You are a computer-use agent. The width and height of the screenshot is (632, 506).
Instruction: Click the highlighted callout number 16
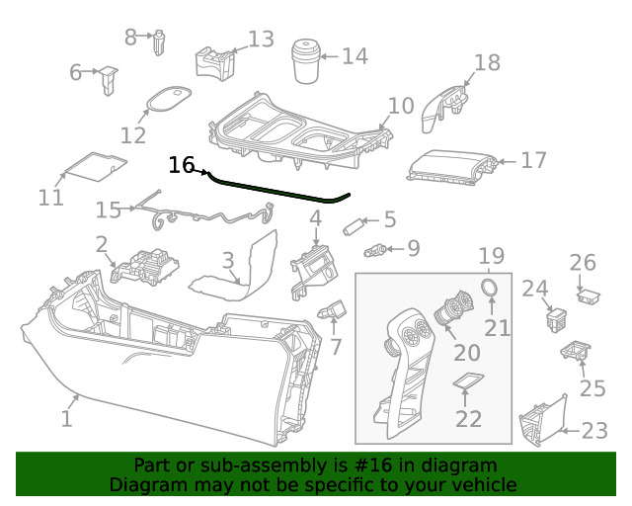(182, 165)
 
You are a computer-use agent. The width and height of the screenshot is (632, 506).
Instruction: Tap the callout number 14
(355, 56)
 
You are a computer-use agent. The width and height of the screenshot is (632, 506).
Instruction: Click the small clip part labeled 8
(158, 42)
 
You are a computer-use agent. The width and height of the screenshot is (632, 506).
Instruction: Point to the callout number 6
(76, 72)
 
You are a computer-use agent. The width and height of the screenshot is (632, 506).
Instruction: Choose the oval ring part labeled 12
(166, 100)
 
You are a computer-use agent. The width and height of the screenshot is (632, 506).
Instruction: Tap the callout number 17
(533, 160)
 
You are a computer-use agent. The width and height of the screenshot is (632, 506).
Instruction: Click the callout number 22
(468, 419)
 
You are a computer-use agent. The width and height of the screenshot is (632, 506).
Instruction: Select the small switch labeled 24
(555, 319)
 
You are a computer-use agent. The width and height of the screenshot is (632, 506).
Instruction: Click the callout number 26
(583, 263)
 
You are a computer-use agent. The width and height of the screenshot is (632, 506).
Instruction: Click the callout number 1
(66, 419)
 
